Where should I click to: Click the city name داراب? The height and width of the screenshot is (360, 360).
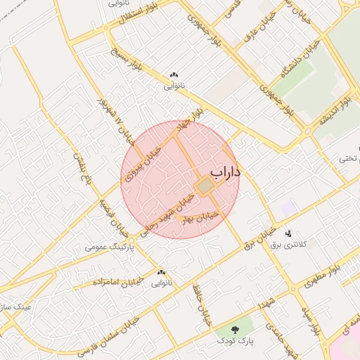click(225, 172)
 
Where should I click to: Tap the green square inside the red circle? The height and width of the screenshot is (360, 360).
click(203, 187)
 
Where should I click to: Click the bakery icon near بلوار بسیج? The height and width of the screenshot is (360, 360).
click(174, 75)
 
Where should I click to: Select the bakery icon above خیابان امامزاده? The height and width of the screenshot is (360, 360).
click(162, 272)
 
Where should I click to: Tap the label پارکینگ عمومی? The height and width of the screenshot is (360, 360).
click(108, 247)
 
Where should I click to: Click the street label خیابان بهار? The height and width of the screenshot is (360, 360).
click(202, 217)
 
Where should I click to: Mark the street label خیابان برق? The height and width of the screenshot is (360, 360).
click(258, 241)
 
